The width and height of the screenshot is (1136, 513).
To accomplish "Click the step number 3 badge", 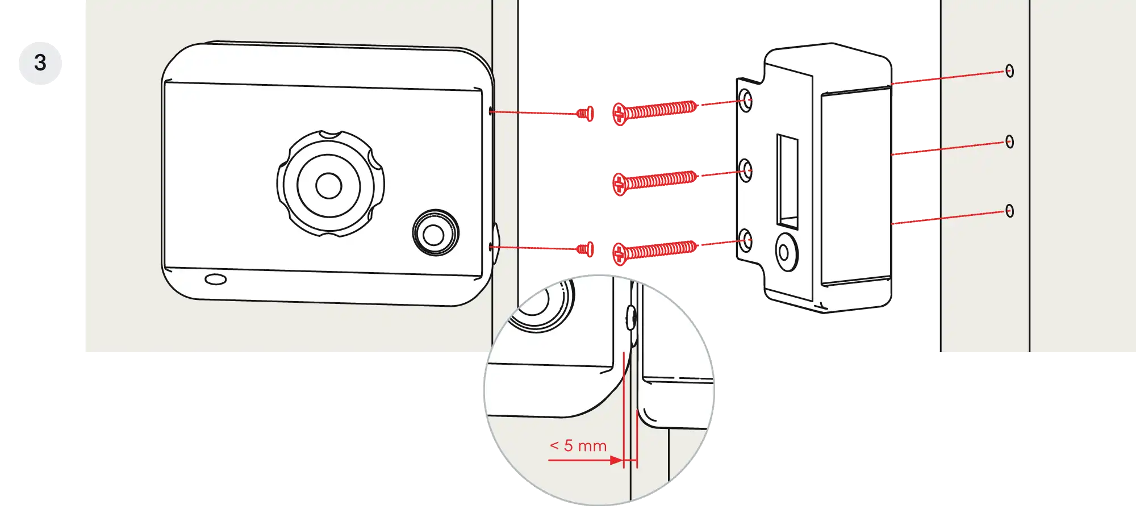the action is pyautogui.click(x=40, y=63).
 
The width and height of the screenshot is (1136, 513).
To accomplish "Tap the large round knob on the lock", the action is pyautogui.click(x=330, y=184).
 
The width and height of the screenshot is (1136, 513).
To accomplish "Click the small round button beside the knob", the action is pyautogui.click(x=435, y=233).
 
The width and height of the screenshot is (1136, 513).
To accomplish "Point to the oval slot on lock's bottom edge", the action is pyautogui.click(x=215, y=280).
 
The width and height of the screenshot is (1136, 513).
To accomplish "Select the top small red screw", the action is pyautogui.click(x=586, y=114).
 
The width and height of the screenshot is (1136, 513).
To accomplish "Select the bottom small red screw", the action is pyautogui.click(x=586, y=249).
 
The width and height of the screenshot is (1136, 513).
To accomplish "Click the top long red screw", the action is pyautogui.click(x=655, y=111).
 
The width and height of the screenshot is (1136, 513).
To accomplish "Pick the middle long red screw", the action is pyautogui.click(x=655, y=181).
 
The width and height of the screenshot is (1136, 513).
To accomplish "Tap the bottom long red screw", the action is pyautogui.click(x=655, y=251).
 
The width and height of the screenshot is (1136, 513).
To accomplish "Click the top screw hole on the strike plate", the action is pyautogui.click(x=745, y=100).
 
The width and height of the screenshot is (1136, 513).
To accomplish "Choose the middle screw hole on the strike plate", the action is pyautogui.click(x=745, y=170).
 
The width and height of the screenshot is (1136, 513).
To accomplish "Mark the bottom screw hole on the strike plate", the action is pyautogui.click(x=745, y=240).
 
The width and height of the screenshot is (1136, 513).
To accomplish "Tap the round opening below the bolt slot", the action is pyautogui.click(x=787, y=252).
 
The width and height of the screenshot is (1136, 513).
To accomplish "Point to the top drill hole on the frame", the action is pyautogui.click(x=1009, y=70).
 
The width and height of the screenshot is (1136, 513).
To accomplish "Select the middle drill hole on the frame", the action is pyautogui.click(x=1009, y=141).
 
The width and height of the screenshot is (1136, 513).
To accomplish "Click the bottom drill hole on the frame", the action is pyautogui.click(x=1009, y=211).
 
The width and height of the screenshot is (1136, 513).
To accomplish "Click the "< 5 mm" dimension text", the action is pyautogui.click(x=578, y=446).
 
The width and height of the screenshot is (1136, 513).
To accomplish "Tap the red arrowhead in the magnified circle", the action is pyautogui.click(x=616, y=460).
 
